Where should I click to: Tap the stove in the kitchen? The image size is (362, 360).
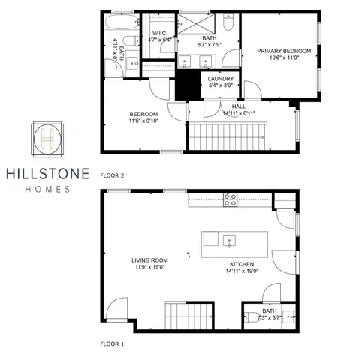coord(231,199)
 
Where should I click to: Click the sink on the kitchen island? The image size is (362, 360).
coord(231,241)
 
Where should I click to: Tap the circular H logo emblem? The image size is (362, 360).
coord(49,139)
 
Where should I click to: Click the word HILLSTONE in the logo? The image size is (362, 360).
coord(49,174)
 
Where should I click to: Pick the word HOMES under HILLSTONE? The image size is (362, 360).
coord(49,190)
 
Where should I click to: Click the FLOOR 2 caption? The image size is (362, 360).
coord(112,175)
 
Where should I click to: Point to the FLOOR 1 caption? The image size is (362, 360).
coord(112,344)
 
